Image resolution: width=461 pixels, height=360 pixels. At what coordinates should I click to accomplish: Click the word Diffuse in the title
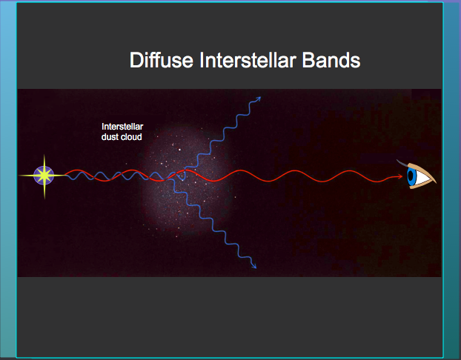[x=162, y=60]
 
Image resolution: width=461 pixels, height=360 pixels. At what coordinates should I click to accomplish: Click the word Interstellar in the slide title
[x=248, y=60]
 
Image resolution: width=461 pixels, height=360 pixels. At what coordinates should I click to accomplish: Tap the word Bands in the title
[x=331, y=60]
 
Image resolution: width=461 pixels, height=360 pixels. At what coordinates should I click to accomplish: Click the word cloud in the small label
[x=130, y=137]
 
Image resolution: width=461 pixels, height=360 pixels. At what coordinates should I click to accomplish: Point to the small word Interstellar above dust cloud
[x=122, y=127]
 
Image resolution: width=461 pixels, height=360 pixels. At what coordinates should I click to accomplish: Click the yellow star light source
[x=44, y=176]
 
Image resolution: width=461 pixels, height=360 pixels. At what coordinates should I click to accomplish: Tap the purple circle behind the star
[x=44, y=176]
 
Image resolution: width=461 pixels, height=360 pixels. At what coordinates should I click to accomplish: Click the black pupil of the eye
[x=411, y=176]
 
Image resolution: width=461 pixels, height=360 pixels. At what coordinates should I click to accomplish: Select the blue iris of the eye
[x=411, y=176]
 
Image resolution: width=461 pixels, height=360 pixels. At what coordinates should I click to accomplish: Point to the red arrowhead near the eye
[x=399, y=176]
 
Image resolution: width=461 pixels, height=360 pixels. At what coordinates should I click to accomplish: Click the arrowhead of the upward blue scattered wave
[x=258, y=99]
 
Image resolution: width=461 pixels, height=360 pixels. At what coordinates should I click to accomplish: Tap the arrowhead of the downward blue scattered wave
[x=254, y=266]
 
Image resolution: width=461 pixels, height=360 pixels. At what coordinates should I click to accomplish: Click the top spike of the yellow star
[x=44, y=164]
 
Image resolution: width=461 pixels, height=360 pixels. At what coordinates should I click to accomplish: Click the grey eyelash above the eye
[x=401, y=162]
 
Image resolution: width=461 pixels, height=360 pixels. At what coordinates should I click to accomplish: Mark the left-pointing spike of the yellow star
[x=30, y=176]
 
